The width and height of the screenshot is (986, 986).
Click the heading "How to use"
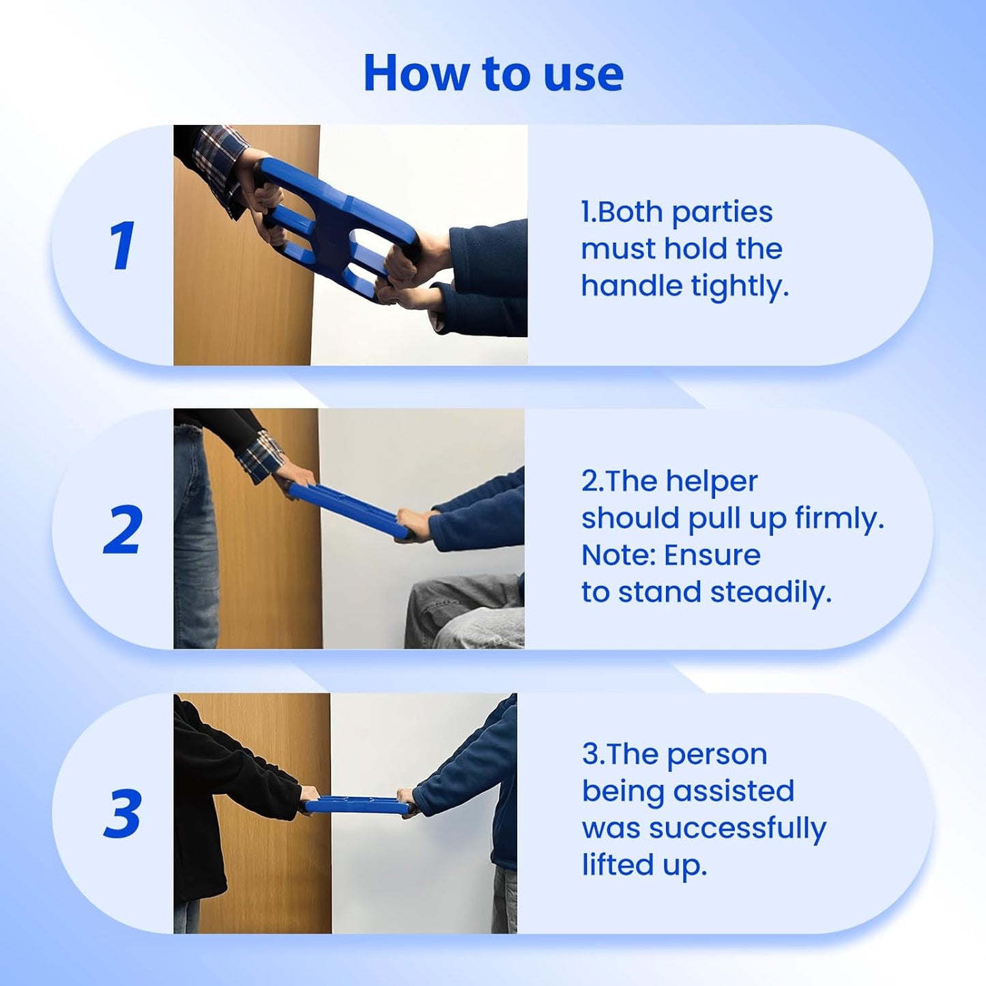(x=493, y=73)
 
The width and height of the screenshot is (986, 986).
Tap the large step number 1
(x=122, y=246)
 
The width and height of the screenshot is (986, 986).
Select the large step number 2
(x=123, y=530)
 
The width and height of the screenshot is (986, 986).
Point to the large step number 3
(x=123, y=813)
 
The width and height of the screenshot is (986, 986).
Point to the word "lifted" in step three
(x=618, y=865)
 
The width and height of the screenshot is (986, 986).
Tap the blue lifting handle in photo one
(x=338, y=225)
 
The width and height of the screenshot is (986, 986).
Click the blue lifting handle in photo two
(x=348, y=510)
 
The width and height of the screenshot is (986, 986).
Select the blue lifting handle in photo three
(x=355, y=805)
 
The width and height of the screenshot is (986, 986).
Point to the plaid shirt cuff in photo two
(x=261, y=455)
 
